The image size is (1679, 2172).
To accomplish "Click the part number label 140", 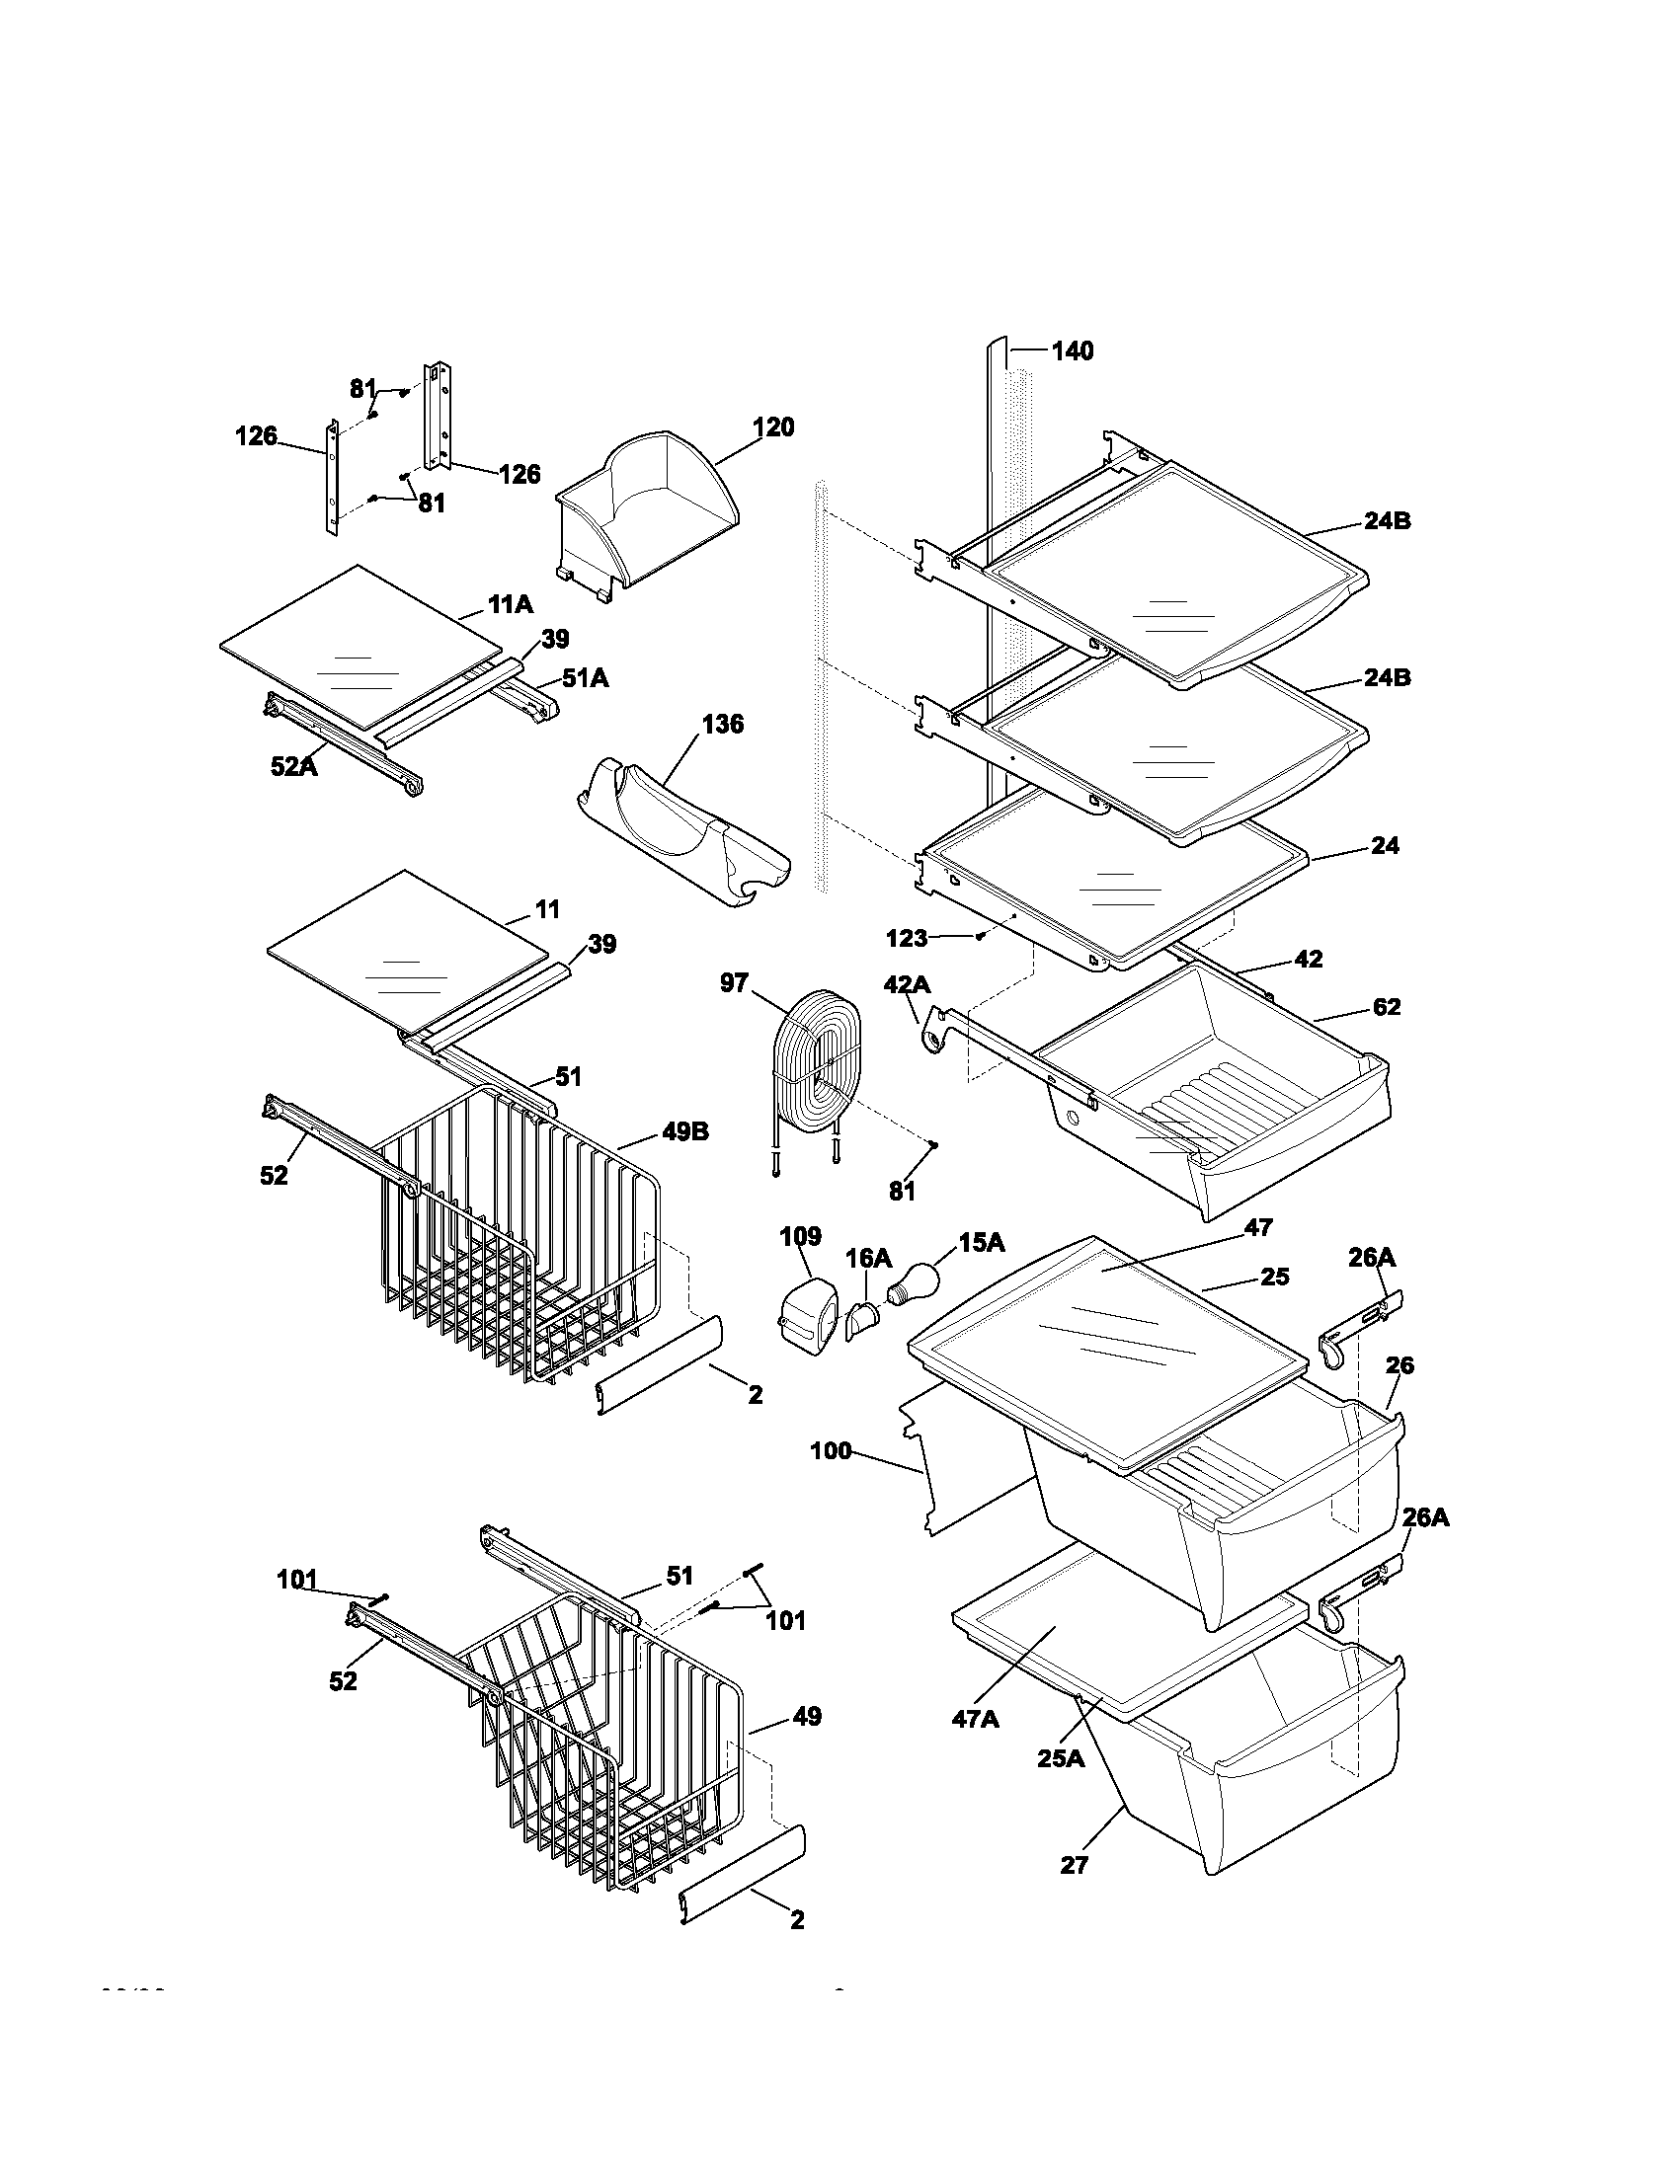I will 1072,351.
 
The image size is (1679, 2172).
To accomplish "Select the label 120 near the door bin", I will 773,427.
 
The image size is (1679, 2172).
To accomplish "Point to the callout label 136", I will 722,724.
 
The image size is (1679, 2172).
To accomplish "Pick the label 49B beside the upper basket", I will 684,1131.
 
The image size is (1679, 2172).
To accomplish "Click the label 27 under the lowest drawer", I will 1075,1865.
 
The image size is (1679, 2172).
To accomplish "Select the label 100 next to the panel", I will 831,1451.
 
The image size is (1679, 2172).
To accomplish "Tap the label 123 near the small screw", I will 906,938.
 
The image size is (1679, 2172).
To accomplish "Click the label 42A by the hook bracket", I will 906,984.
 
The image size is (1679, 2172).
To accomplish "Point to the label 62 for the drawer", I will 1386,1007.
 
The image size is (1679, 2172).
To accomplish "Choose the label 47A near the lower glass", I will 975,1718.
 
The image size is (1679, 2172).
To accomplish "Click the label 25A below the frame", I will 1062,1757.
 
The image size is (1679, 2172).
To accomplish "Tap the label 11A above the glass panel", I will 511,603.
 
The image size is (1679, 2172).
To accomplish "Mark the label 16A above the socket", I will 868,1259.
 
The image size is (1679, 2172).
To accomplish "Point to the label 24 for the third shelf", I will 1385,846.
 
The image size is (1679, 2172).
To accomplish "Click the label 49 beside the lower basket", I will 807,1717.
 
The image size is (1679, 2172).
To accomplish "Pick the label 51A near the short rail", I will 585,678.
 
